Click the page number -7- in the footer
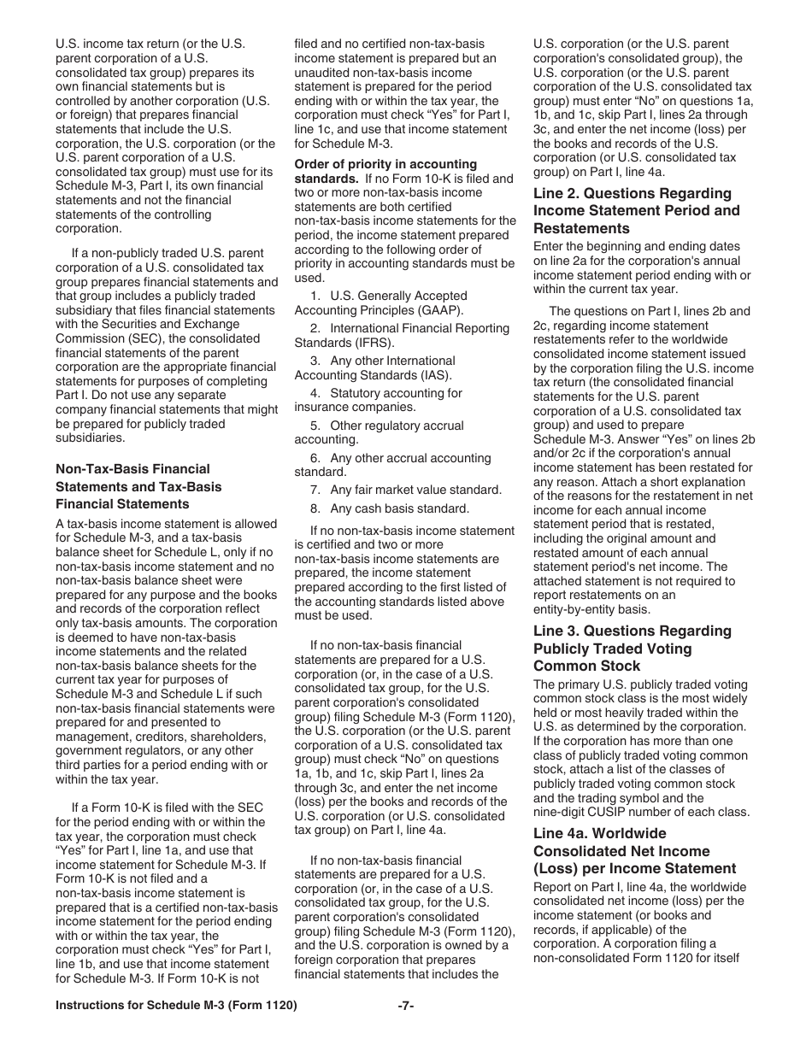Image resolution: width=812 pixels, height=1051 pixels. pos(406,1006)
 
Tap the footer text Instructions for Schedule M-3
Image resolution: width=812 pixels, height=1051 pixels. pos(176,1006)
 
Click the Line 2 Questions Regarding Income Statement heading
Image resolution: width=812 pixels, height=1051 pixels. pos(637,210)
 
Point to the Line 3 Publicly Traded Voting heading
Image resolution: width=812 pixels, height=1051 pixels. pos(633,648)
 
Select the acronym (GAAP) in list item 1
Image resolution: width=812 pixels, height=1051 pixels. pos(440,310)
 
